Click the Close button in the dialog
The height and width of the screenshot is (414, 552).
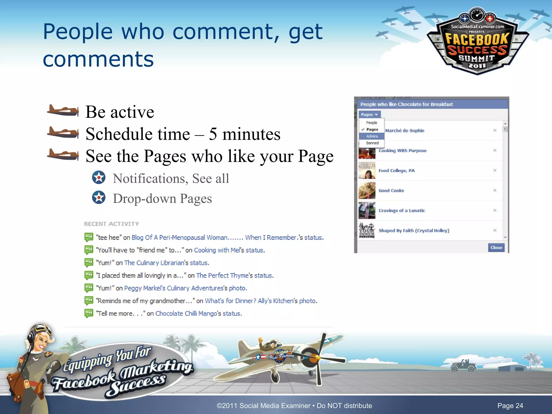(x=496, y=247)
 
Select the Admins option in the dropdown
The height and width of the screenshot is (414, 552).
(x=372, y=136)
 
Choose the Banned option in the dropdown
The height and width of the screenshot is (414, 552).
(x=372, y=143)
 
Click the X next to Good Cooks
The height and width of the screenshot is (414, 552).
(x=495, y=190)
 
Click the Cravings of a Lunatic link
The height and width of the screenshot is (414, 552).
(x=402, y=211)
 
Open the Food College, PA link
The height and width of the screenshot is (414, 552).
(x=396, y=171)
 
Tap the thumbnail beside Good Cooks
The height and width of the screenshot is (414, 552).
(x=367, y=190)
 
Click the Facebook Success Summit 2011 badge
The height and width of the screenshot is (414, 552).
(x=477, y=43)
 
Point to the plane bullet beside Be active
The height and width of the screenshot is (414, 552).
(x=63, y=111)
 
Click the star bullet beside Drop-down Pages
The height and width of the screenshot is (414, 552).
(x=99, y=198)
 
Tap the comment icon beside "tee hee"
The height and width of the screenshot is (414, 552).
(x=89, y=237)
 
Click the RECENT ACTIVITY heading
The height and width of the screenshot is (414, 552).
(x=111, y=224)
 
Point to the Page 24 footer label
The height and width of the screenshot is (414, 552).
(x=510, y=406)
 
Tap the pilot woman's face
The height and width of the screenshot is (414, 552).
(x=43, y=341)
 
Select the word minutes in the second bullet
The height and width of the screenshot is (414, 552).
(x=251, y=134)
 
